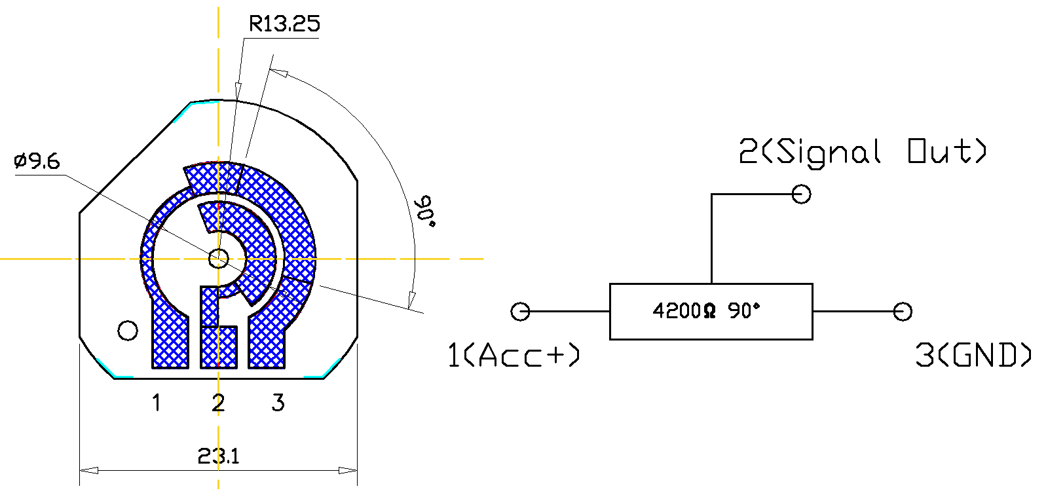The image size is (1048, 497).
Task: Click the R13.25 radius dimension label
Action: click(284, 24)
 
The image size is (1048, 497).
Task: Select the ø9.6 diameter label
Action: click(37, 161)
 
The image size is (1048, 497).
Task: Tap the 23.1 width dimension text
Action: click(219, 456)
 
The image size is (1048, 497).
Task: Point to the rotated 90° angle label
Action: click(426, 212)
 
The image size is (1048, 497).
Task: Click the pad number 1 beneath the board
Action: click(157, 403)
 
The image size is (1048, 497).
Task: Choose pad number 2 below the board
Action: click(218, 403)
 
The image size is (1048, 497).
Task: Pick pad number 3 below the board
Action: click(278, 403)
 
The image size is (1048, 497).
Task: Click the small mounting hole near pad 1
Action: click(128, 331)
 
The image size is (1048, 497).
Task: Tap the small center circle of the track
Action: click(218, 258)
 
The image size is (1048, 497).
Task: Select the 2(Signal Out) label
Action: click(863, 152)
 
